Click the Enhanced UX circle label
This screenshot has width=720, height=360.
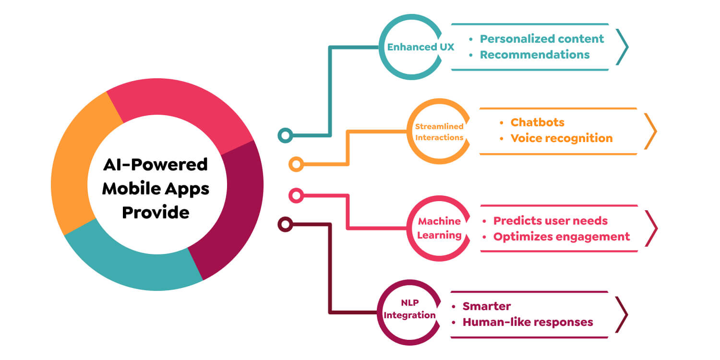pos(420,47)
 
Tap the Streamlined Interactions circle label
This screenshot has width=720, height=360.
pos(439,132)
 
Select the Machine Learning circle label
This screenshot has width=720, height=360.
pos(439,228)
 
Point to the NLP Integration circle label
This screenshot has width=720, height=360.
pos(409,310)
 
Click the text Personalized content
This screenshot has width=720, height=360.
pos(542,39)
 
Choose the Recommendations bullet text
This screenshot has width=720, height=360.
pos(535,55)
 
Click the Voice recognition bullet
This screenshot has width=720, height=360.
pos(561,138)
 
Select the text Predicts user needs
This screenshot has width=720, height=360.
pos(550,221)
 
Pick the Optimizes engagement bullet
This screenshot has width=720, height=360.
pos(561,237)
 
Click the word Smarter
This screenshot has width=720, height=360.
pos(486,306)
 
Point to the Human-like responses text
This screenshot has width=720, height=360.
pos(528,322)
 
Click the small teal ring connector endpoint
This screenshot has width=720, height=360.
pos(286,135)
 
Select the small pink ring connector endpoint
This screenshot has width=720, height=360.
pos(296,195)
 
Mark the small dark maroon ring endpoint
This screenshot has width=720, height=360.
pos(286,224)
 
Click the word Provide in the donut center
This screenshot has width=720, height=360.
pos(156,212)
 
